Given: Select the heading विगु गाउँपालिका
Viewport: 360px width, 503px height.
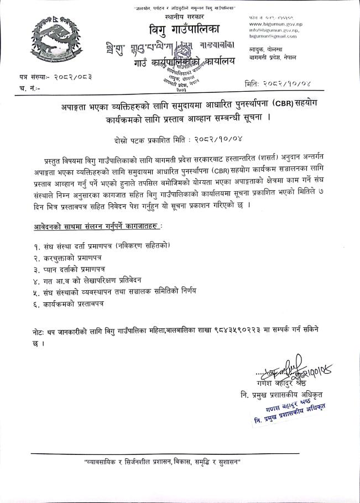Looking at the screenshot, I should pyautogui.click(x=182, y=28).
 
